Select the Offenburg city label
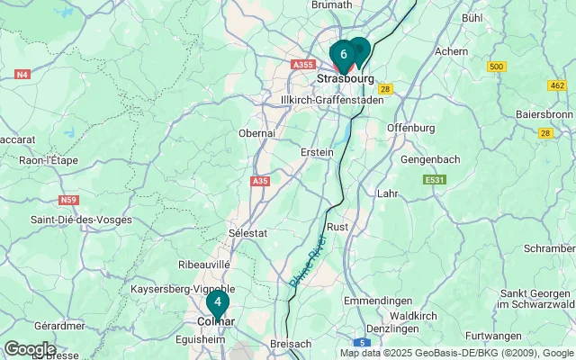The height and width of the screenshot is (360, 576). tap(410, 128)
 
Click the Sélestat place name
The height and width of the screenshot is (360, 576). tap(249, 232)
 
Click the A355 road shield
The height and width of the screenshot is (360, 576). tap(302, 65)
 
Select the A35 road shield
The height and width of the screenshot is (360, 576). tap(260, 181)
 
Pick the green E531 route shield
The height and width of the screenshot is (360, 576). tap(436, 180)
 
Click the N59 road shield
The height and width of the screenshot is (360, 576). tap(68, 200)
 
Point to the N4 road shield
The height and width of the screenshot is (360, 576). tap(22, 74)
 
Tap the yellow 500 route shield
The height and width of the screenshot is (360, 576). tap(496, 67)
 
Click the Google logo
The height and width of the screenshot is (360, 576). tap(29, 349)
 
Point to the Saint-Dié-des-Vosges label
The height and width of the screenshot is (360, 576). tap(81, 220)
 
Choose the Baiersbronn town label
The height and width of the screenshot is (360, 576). tap(544, 114)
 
